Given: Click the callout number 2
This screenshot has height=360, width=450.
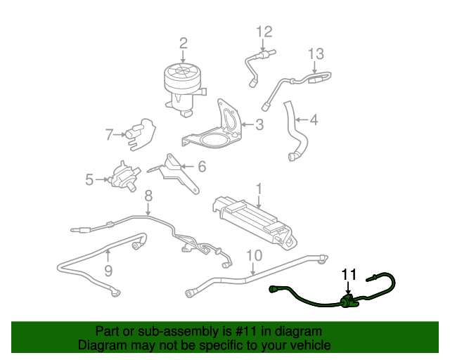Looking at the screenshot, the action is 184,44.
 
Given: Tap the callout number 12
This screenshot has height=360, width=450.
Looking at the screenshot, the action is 264,32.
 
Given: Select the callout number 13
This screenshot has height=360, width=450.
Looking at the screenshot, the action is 316,53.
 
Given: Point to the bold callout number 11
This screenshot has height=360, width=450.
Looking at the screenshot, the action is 349,275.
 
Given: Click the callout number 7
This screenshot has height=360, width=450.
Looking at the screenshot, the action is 110,134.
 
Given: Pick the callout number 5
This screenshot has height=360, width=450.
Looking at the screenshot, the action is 89,179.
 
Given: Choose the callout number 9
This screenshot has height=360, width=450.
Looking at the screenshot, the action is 108,271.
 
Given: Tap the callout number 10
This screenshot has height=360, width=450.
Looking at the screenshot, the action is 255,255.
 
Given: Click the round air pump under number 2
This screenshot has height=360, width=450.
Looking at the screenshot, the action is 183,89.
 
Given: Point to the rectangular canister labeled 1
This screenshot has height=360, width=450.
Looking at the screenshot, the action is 255,222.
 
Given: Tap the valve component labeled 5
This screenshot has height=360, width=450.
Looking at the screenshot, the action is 124,176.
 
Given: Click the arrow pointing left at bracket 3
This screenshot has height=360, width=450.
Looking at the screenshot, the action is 248,124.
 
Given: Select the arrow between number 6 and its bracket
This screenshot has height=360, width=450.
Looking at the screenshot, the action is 188,166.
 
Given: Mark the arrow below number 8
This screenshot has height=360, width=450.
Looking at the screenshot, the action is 148,210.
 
